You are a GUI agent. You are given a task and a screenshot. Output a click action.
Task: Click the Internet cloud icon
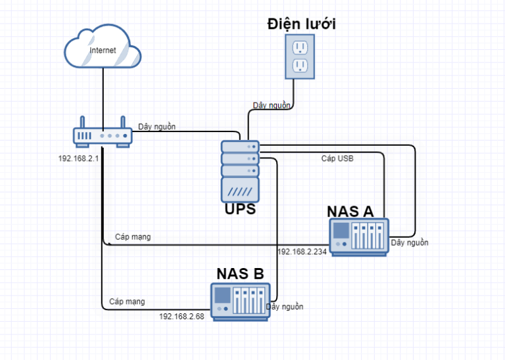click(x=103, y=49)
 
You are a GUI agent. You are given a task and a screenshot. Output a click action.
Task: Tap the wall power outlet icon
click(x=300, y=56)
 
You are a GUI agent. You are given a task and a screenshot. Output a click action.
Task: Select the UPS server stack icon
click(x=240, y=170)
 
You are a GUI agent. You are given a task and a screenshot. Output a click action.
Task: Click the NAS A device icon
click(x=360, y=236)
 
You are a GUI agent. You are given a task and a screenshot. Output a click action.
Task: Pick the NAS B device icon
click(x=240, y=300)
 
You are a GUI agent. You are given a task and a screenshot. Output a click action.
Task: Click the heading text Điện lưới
click(x=302, y=24)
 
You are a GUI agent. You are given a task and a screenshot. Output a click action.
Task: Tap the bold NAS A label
click(x=350, y=211)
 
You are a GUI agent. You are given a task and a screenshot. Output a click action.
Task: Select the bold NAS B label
click(x=240, y=274)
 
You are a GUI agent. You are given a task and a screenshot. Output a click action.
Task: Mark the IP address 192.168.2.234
click(x=302, y=252)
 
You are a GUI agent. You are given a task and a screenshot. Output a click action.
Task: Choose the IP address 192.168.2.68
click(x=182, y=316)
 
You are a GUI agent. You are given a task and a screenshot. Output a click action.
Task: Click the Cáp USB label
click(x=337, y=158)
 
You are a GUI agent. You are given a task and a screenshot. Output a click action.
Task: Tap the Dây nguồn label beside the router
click(x=156, y=127)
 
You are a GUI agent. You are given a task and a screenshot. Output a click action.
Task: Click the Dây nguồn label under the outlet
click(x=272, y=105)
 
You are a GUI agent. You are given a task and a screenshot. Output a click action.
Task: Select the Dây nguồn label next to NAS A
click(x=410, y=242)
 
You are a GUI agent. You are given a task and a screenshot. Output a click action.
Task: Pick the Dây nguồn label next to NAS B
click(x=285, y=307)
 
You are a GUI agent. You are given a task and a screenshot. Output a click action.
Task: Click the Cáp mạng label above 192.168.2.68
click(x=128, y=302)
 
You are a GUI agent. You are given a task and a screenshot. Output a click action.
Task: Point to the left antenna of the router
click(x=82, y=123)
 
